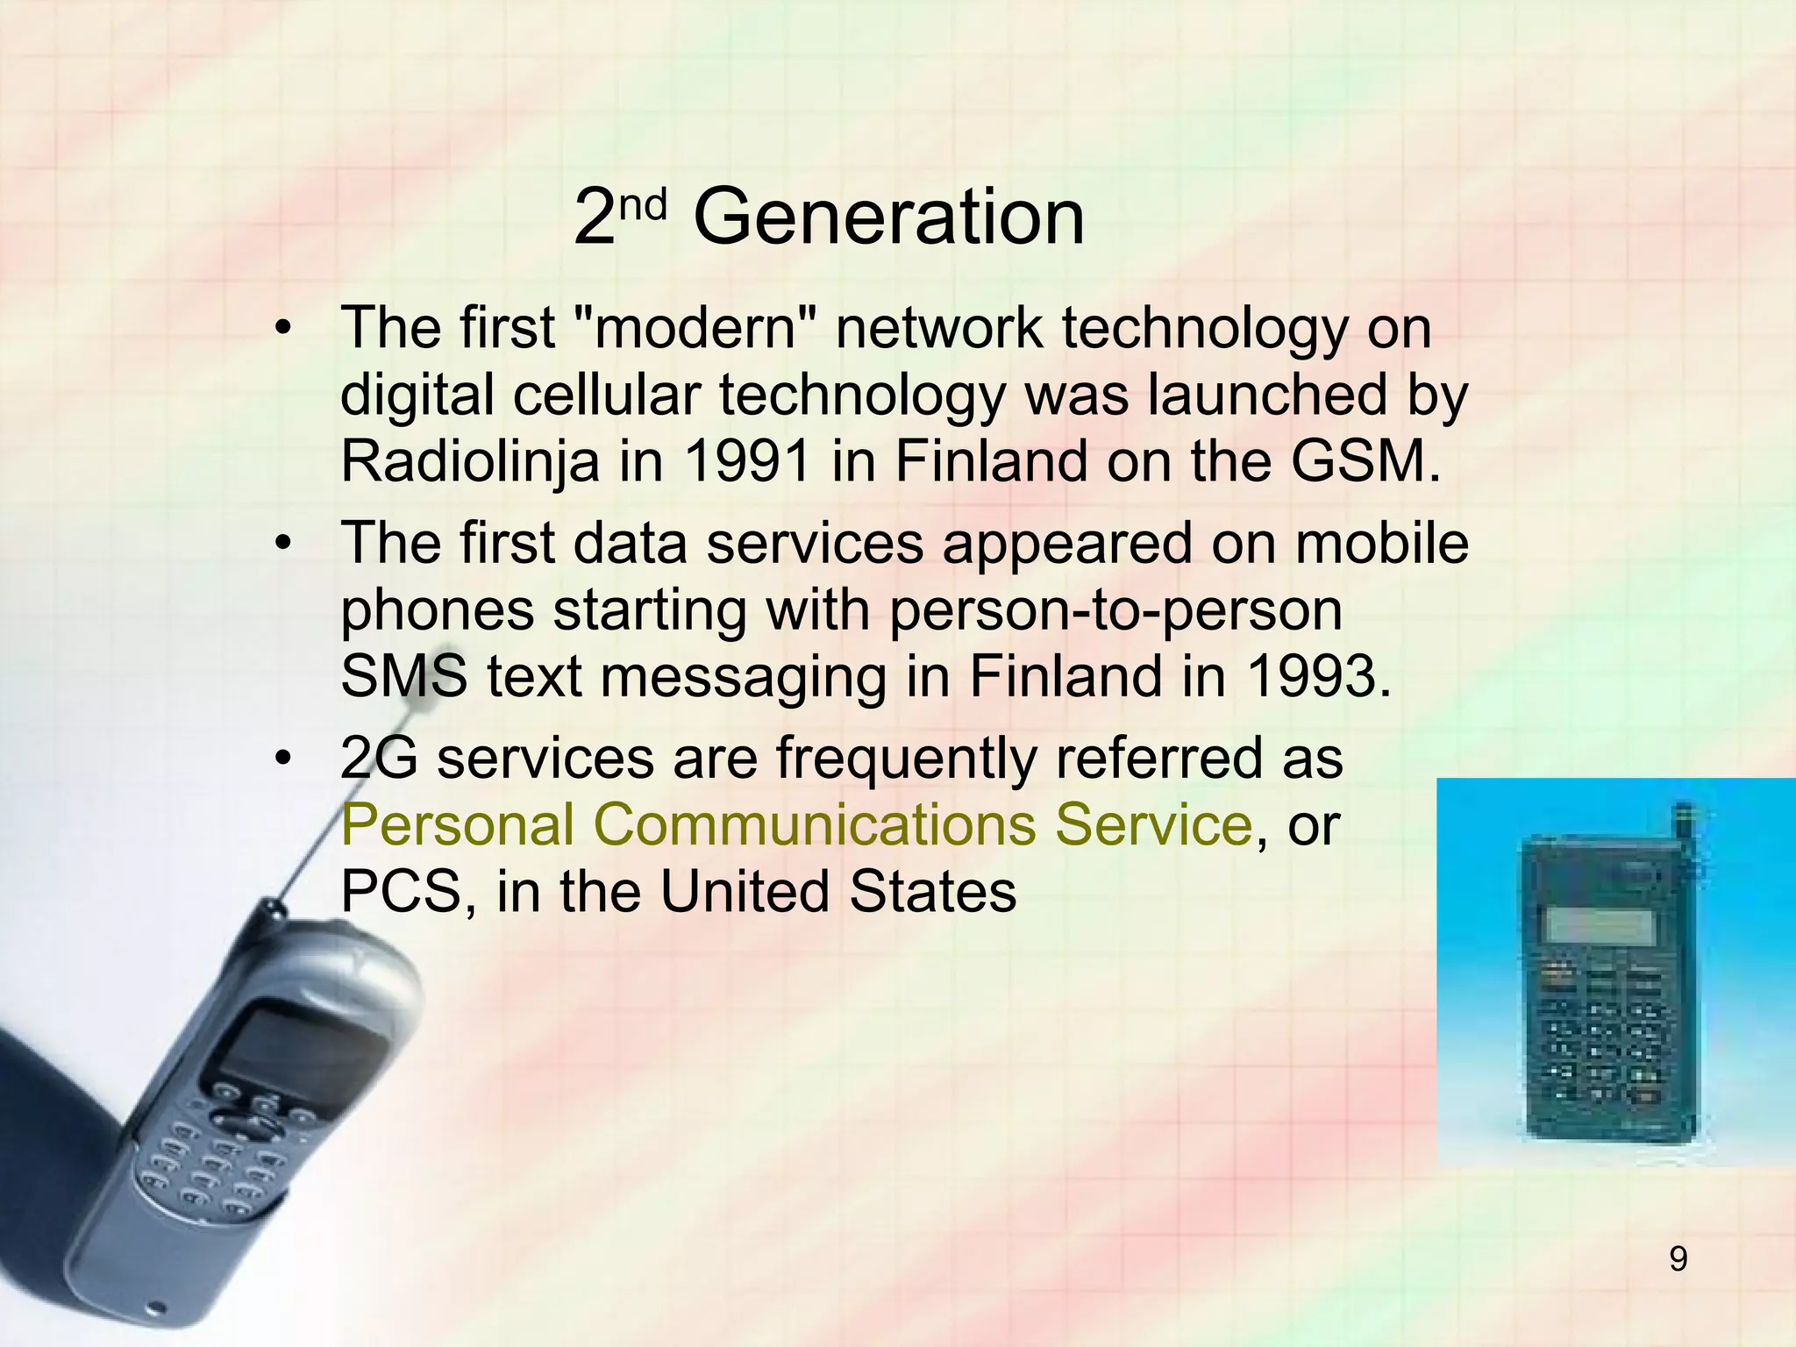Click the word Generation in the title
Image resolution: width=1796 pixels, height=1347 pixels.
(888, 217)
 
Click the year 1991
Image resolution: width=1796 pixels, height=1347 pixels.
(747, 461)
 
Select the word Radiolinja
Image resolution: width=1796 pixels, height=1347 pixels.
(470, 461)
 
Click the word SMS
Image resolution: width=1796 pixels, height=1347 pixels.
(403, 677)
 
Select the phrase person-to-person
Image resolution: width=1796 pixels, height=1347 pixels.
(1115, 610)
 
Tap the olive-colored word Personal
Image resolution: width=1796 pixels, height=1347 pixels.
(457, 824)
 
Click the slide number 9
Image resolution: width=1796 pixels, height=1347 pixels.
(1678, 1259)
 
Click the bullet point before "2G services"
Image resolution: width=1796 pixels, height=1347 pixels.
(282, 759)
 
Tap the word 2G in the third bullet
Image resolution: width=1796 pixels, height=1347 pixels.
(379, 758)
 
